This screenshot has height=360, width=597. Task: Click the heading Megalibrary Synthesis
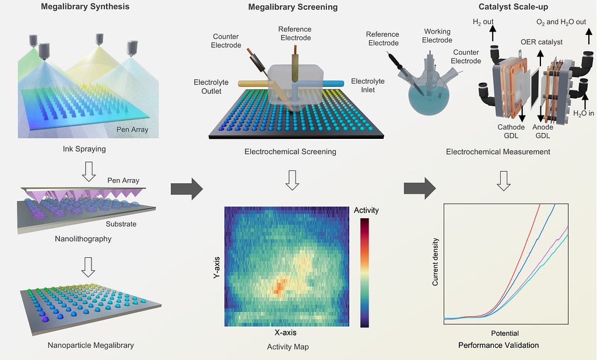(85, 6)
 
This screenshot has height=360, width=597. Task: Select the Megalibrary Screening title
(293, 7)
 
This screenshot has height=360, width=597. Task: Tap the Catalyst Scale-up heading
(513, 6)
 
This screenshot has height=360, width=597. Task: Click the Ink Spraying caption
(84, 149)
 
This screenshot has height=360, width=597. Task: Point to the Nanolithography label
(83, 239)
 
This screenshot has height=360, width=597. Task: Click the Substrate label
(121, 224)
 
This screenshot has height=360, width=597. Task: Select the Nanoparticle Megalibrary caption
(90, 345)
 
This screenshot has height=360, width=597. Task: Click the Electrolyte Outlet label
(211, 86)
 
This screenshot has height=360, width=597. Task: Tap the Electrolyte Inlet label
(368, 85)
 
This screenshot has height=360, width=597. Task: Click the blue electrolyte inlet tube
(333, 83)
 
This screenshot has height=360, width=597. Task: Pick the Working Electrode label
(437, 36)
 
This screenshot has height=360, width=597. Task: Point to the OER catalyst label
(542, 42)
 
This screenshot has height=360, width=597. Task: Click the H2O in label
(583, 113)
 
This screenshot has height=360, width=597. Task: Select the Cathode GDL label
(511, 131)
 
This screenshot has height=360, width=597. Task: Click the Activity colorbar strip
(364, 272)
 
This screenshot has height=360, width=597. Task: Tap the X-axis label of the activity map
(286, 333)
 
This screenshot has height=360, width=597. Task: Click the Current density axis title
(435, 262)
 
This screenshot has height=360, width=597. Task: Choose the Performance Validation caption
(498, 345)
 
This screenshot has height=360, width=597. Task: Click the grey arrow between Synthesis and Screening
(187, 188)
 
